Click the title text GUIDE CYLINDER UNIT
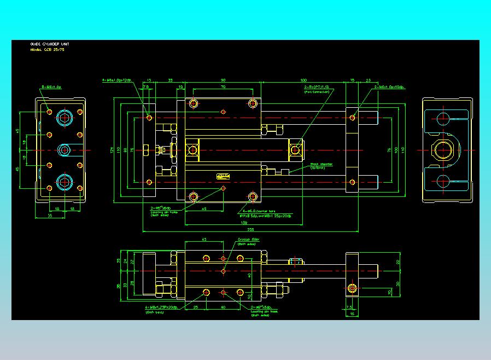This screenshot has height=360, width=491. point(50,44)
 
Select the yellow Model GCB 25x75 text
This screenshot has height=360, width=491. point(48,49)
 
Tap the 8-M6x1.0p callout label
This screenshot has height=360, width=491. point(52,87)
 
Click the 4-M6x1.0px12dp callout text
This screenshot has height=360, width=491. point(118,80)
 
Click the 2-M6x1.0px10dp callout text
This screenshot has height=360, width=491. point(390,87)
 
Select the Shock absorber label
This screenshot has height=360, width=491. point(322,164)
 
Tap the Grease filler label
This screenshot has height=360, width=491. point(249,240)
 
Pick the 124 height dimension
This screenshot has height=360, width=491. point(111,149)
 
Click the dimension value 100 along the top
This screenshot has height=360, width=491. point(303,80)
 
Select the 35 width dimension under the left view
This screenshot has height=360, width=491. point(50,216)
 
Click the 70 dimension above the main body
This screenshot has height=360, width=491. point(223,86)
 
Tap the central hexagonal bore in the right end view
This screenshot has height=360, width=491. point(446,149)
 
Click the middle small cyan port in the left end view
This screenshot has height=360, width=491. point(65,149)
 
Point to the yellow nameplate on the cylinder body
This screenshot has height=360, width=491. point(223,176)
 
